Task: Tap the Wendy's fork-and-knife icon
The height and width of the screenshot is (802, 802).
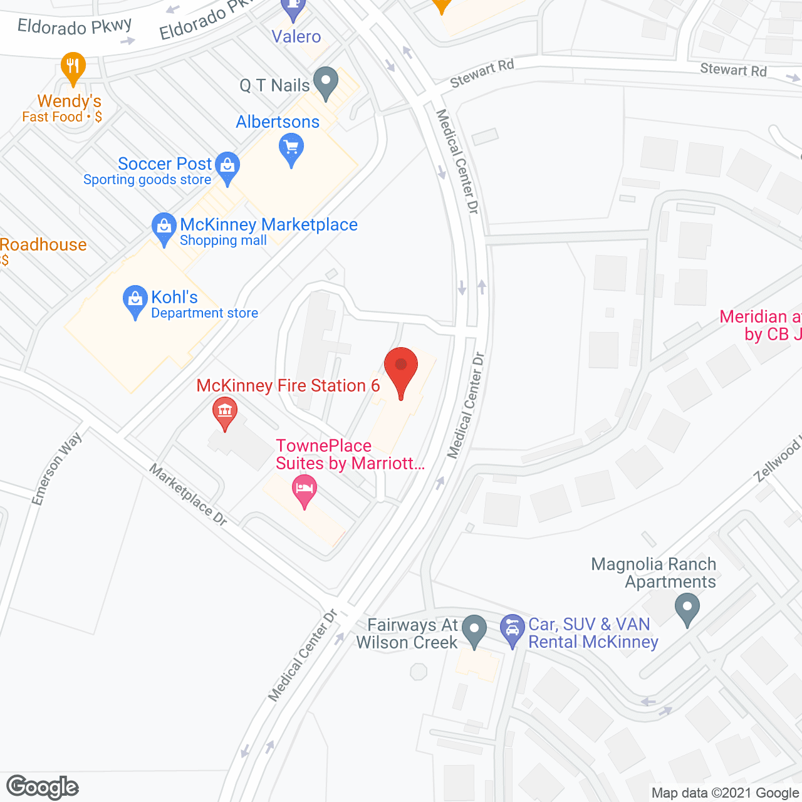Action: point(73,66)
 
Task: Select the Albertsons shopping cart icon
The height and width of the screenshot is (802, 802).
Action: point(291,149)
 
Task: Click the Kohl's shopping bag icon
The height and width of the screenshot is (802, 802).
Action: point(135,299)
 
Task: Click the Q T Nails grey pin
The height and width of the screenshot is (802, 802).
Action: point(325,82)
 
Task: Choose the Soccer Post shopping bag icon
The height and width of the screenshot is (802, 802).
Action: point(227,167)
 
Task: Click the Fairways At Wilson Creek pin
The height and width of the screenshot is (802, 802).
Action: point(474,629)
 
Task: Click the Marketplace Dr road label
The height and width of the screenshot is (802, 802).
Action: point(188,494)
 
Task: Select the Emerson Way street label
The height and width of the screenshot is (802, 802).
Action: point(57,469)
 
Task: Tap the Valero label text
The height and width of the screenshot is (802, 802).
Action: point(296,36)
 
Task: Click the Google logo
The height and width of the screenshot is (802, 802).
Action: point(43,787)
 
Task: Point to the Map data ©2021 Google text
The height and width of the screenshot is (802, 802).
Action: point(726,793)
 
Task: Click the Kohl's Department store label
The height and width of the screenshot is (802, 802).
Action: point(204,305)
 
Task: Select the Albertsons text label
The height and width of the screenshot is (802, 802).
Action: point(278,122)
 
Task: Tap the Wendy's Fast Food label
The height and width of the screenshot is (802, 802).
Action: point(63,108)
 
